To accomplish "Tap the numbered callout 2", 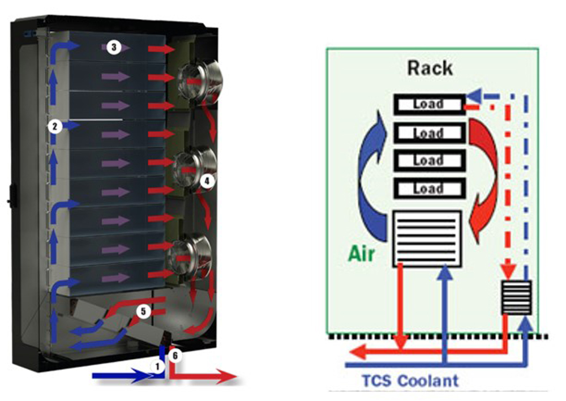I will coord(54,127).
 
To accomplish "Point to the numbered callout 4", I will coord(207,181).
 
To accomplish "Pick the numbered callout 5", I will coord(144,311).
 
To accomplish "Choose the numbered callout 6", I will coord(176,355).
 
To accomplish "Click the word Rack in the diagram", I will coord(430,69).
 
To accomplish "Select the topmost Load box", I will coord(428,104).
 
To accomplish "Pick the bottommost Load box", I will coord(428,189).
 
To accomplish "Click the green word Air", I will coord(361,254).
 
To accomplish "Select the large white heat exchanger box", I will coord(428,238).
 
